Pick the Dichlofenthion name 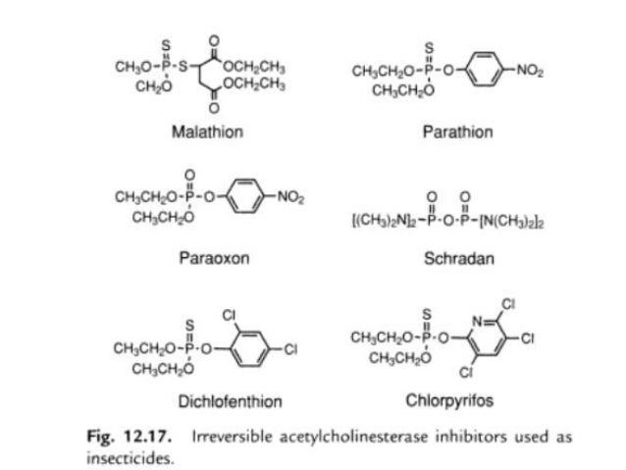(x=230, y=400)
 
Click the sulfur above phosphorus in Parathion (x=428, y=48)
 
